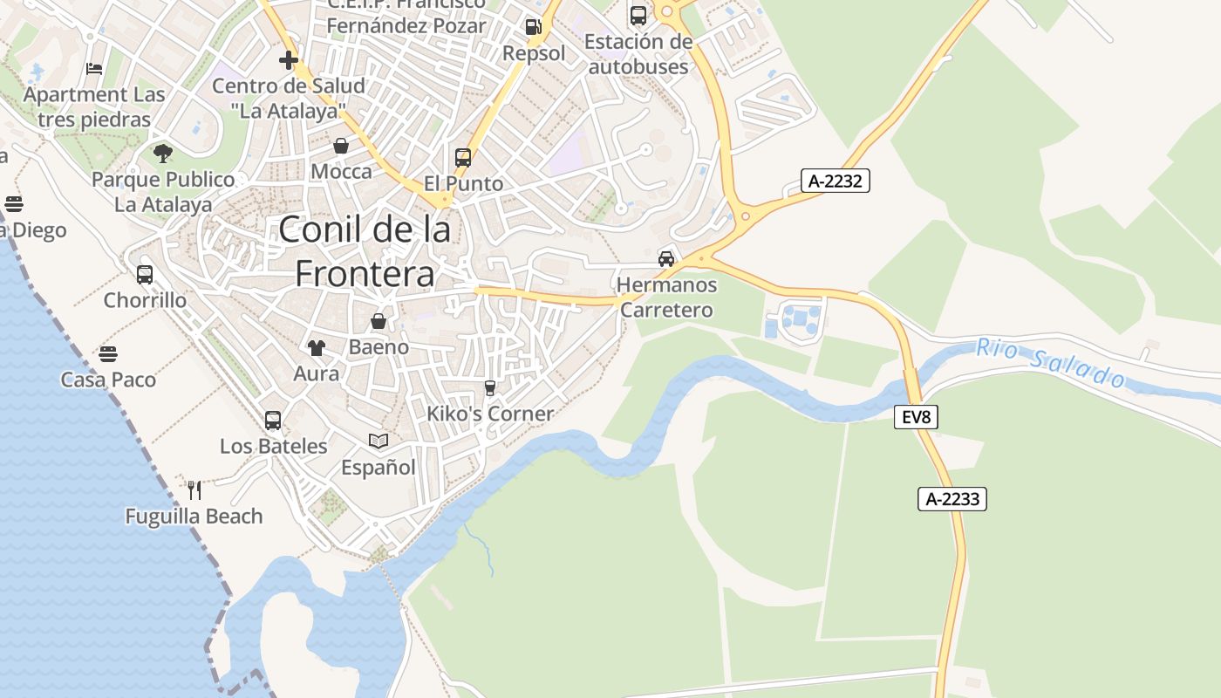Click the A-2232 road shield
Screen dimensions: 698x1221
click(836, 181)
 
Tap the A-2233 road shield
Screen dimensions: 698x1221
click(952, 499)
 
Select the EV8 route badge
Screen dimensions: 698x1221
click(916, 418)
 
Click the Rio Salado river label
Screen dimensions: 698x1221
click(1050, 362)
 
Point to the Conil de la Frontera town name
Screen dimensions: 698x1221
click(365, 251)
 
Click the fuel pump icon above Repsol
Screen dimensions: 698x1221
click(533, 27)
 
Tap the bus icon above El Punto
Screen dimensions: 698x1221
click(463, 158)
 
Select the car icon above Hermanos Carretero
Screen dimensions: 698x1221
click(666, 258)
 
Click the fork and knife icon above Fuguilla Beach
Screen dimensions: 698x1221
click(194, 489)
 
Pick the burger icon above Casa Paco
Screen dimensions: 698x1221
click(108, 353)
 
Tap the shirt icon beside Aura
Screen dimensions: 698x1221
click(316, 347)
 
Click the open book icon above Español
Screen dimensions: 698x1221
click(378, 441)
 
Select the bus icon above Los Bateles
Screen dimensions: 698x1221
click(273, 420)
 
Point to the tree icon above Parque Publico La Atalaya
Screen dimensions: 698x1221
click(162, 154)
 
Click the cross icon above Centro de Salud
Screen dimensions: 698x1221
click(289, 60)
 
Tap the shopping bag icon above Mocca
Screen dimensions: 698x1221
click(341, 145)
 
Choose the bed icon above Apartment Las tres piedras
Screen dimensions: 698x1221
click(94, 68)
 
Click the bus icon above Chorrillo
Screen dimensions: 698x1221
click(145, 274)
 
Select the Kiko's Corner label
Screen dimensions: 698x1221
click(490, 414)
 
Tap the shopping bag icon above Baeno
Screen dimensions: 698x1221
click(379, 321)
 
